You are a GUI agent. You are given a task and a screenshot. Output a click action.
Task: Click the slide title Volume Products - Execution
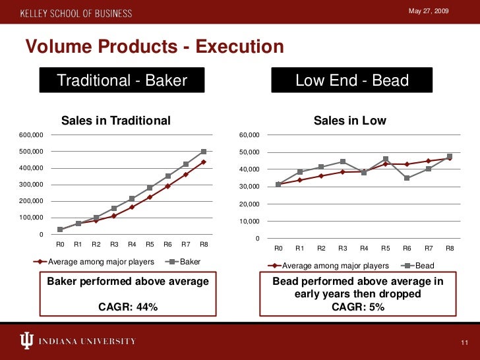pos(154,47)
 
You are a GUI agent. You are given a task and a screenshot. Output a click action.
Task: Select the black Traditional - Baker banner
pos(123,81)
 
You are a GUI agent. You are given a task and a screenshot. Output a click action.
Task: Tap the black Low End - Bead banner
pos(352,81)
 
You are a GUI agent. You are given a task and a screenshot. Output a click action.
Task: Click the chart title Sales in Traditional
pos(116,121)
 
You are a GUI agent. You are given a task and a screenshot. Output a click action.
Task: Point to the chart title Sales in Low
pos(350,121)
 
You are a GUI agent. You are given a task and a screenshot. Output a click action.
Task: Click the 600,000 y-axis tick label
pos(31,135)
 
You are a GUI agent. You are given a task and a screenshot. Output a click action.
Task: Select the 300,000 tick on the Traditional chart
pos(31,185)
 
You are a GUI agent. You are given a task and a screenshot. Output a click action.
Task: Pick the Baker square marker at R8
pos(204,152)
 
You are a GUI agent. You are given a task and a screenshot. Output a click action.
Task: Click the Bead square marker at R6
pos(407,178)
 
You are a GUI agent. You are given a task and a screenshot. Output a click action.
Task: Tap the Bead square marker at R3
pos(343,162)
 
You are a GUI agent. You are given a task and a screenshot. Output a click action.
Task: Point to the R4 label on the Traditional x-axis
pos(132,245)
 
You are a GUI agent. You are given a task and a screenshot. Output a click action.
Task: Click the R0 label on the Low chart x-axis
pos(278,249)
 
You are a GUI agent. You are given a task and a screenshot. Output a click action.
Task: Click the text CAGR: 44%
pos(128,307)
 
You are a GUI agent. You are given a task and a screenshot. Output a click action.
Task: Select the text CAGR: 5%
pos(358,307)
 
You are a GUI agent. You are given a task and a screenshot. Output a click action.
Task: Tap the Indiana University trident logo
pos(27,341)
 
